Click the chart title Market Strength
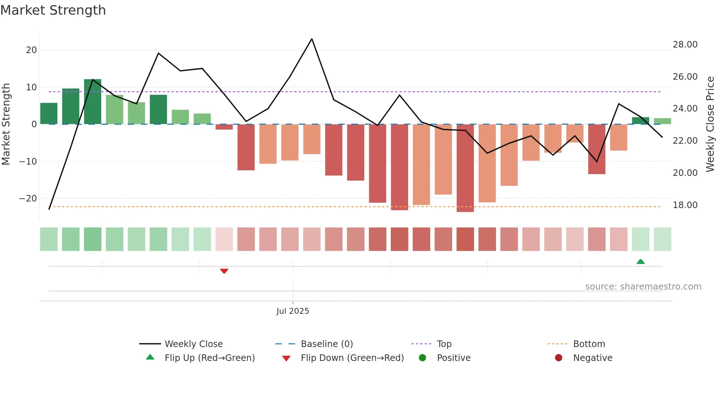tap(53, 10)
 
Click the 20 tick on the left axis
tap(31, 50)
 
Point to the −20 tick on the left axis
tap(28, 199)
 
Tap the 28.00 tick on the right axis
tap(685, 45)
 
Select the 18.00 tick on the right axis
tap(685, 205)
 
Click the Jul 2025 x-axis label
tap(293, 311)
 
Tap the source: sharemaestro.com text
tap(643, 287)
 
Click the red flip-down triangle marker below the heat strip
tap(224, 271)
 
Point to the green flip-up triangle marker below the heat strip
tap(640, 261)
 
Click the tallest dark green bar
tap(92, 102)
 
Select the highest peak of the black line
tap(312, 39)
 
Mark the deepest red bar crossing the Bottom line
tap(465, 168)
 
